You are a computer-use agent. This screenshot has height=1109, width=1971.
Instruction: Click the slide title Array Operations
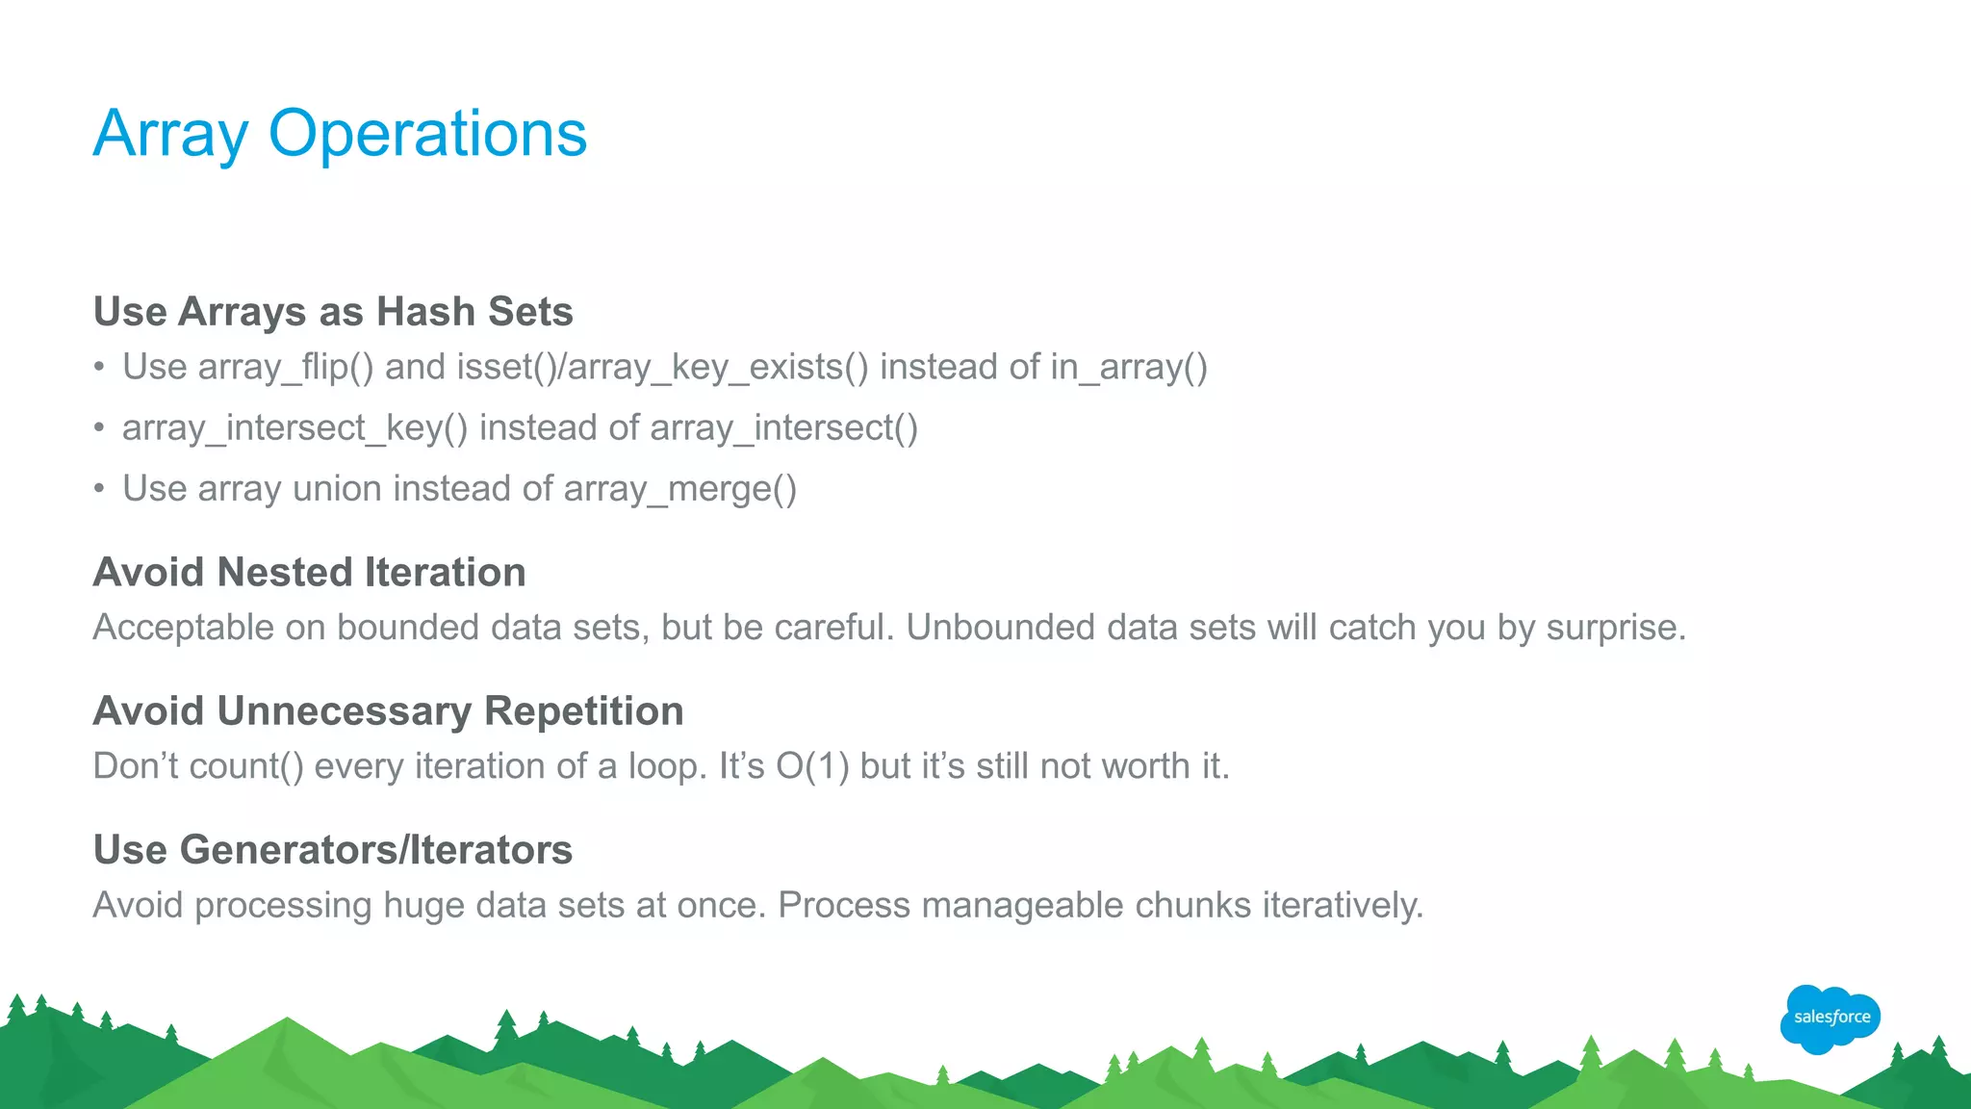[340, 134]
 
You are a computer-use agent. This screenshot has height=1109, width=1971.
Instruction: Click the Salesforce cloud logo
[1830, 1018]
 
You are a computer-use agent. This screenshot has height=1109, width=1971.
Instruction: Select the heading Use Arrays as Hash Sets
[333, 312]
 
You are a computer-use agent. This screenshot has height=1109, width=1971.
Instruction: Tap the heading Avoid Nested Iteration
[309, 573]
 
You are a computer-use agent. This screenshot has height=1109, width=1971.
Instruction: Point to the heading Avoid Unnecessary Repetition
[388, 711]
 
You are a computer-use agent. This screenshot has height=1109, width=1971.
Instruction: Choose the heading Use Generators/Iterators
[333, 850]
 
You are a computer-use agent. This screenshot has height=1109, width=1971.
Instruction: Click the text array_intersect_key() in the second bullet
[294, 428]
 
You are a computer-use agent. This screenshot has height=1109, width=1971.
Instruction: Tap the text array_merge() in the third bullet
[680, 489]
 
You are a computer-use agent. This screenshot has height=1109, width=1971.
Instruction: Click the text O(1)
[812, 766]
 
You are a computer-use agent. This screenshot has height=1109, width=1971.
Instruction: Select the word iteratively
[1342, 906]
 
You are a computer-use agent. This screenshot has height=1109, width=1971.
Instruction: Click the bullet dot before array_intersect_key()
[99, 428]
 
